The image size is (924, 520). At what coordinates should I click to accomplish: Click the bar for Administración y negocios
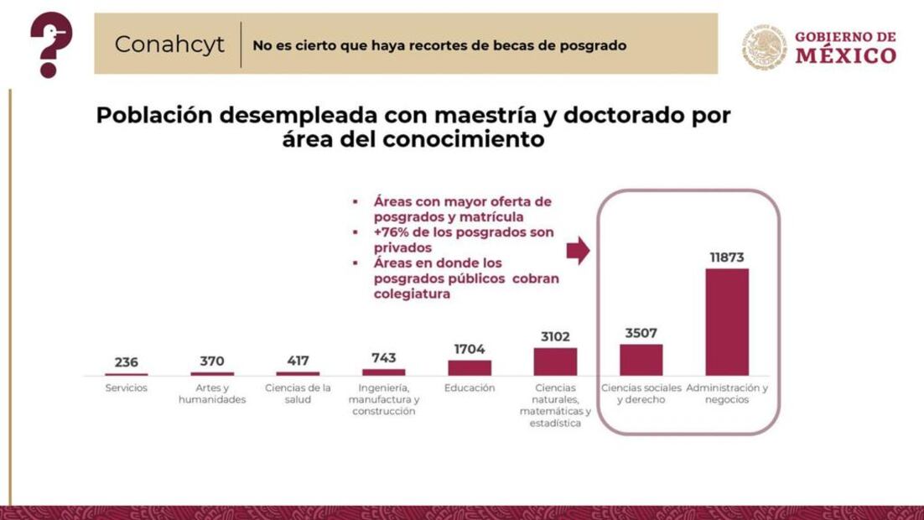726,322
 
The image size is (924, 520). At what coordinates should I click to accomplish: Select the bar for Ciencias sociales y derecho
641,360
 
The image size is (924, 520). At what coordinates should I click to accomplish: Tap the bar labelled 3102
555,361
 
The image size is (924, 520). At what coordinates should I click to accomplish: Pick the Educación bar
470,367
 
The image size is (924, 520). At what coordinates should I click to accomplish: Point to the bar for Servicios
127,374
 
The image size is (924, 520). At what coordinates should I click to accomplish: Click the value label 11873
727,257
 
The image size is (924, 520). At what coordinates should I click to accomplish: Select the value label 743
384,358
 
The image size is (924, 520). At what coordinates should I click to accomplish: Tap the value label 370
212,361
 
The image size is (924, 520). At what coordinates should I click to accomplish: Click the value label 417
298,361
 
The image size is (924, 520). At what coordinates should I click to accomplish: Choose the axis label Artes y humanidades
212,394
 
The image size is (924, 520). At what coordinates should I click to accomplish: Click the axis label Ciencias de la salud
298,394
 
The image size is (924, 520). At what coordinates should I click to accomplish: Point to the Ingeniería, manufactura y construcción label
384,400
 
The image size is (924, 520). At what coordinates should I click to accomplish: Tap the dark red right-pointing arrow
579,250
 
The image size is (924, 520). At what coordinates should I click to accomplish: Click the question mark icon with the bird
50,44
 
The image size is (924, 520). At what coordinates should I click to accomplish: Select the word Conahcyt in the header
169,44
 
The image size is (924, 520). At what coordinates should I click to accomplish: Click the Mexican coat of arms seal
764,46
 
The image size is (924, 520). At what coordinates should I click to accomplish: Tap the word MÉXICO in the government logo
845,56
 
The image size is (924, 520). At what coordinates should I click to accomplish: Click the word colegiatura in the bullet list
412,294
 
